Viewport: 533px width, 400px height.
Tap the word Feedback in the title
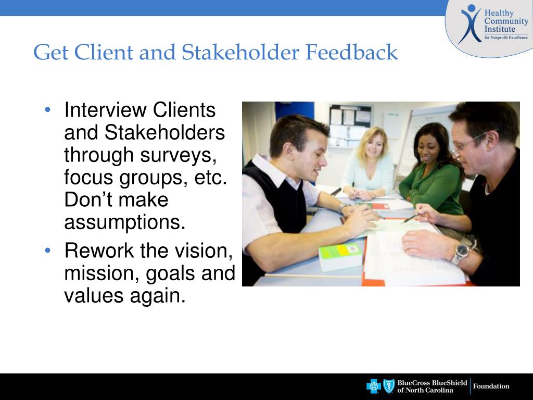[x=351, y=53]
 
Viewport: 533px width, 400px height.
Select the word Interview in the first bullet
[x=105, y=110]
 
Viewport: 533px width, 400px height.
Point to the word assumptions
[x=125, y=222]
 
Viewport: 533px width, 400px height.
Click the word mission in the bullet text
[x=99, y=273]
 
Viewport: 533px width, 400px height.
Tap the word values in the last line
[x=94, y=296]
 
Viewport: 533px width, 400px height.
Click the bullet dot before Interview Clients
[x=48, y=110]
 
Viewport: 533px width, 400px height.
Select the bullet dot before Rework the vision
[x=48, y=251]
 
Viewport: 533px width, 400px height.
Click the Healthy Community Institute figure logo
[x=470, y=24]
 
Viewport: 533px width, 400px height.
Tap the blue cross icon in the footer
[x=374, y=386]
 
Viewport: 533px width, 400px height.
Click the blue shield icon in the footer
[x=389, y=386]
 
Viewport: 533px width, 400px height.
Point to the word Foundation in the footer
[x=491, y=386]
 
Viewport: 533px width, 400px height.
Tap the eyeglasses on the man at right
[x=468, y=144]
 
